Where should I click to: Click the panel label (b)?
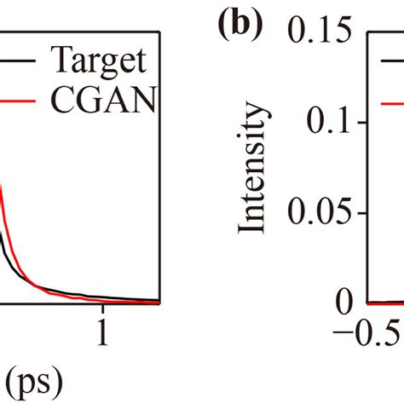236,27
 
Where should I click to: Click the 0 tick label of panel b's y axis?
344,302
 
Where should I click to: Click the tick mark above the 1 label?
103,297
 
